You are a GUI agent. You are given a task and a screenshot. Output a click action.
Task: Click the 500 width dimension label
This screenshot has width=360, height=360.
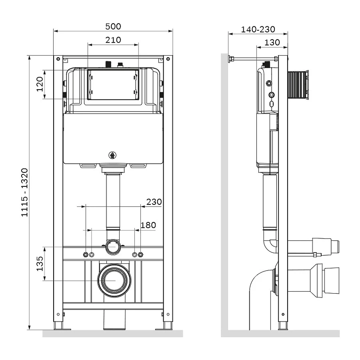pyautogui.click(x=113, y=26)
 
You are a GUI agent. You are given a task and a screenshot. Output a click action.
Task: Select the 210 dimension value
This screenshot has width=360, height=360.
pyautogui.click(x=113, y=40)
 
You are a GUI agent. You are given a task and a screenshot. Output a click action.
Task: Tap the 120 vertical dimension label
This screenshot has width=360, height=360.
pyautogui.click(x=39, y=84)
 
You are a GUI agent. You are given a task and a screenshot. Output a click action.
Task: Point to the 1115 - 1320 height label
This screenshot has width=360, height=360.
pyautogui.click(x=24, y=192)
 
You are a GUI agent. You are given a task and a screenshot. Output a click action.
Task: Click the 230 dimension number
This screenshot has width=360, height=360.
pyautogui.click(x=154, y=202)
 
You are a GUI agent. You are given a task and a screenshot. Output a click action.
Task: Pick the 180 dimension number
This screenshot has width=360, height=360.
pyautogui.click(x=148, y=225)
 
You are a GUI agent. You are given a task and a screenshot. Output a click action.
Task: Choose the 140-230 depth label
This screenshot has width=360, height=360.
pyautogui.click(x=258, y=29)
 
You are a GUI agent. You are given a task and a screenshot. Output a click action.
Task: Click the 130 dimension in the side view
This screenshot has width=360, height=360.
pyautogui.click(x=272, y=42)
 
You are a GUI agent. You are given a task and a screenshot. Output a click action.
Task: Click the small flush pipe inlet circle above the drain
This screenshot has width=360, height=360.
pyautogui.click(x=113, y=247)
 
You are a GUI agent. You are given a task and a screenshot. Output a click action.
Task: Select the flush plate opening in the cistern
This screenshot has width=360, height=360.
pyautogui.click(x=113, y=84)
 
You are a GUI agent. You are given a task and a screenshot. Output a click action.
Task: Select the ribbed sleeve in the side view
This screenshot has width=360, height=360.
pyautogui.click(x=298, y=84)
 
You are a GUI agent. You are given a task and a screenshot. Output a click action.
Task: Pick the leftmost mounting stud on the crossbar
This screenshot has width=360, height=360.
pyautogui.click(x=85, y=255)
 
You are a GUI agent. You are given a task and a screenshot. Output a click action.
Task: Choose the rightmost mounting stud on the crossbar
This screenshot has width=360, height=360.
pyautogui.click(x=140, y=255)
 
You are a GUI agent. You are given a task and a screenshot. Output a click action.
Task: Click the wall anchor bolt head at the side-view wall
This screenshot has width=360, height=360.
pyautogui.click(x=230, y=60)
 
